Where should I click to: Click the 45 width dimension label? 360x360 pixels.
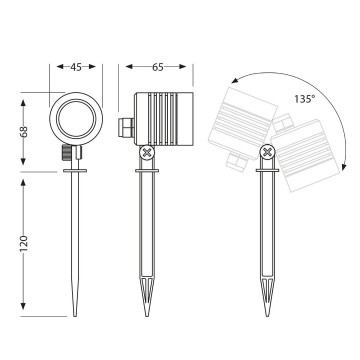(x=76, y=69)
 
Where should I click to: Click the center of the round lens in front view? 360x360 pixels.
(x=76, y=122)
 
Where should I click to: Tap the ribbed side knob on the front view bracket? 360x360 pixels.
(x=65, y=154)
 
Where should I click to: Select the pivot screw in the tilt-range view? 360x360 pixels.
(x=267, y=153)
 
